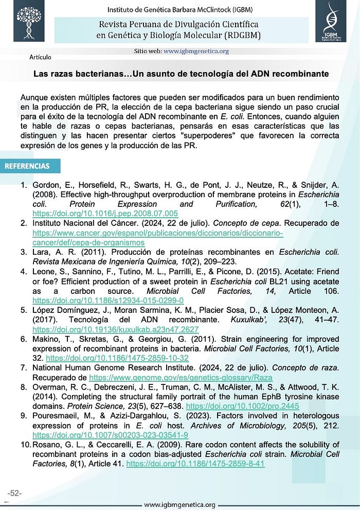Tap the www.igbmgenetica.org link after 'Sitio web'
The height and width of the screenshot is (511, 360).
[x=196, y=51]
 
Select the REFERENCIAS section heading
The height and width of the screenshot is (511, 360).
[x=27, y=166]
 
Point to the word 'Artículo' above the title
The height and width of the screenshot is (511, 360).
[x=40, y=57]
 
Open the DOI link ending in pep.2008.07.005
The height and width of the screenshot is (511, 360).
[x=105, y=213]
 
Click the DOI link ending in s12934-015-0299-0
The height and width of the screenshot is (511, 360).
[x=108, y=299]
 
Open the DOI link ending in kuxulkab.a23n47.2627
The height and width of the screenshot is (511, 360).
[x=115, y=329]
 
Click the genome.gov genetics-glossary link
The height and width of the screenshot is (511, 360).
[x=181, y=377]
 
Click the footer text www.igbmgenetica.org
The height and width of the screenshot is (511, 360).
[x=179, y=505]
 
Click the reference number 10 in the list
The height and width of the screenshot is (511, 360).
[x=25, y=445]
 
